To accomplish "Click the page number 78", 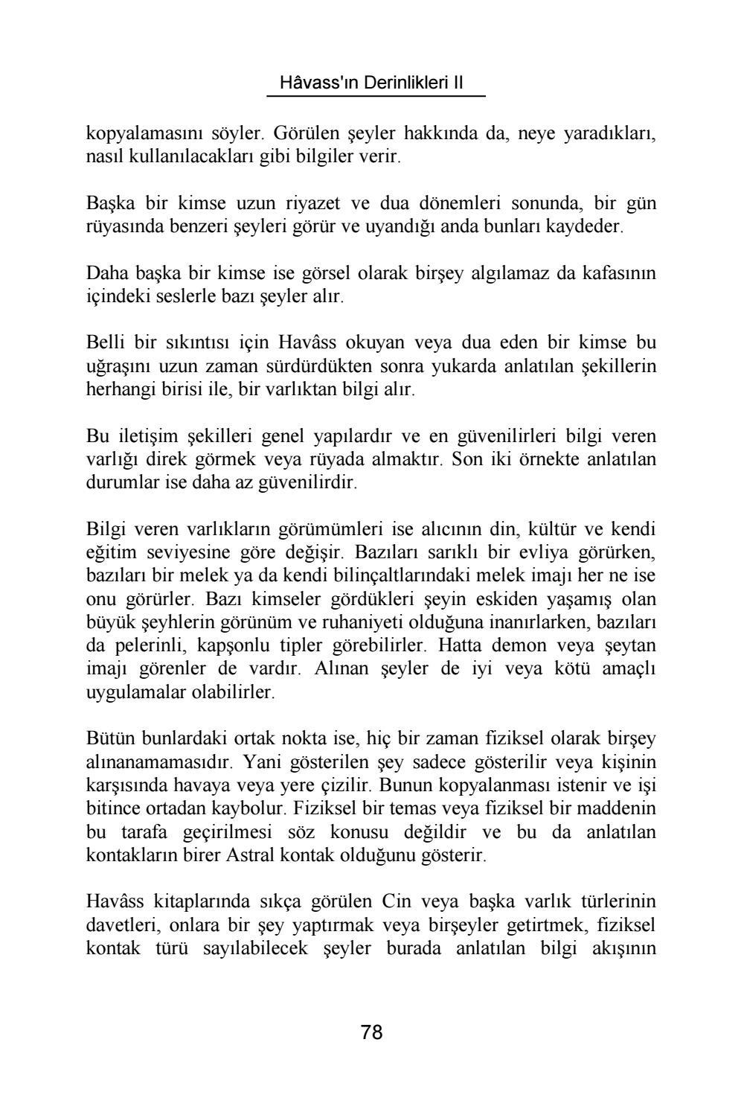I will (371, 1032).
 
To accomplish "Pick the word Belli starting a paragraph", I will (105, 343).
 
